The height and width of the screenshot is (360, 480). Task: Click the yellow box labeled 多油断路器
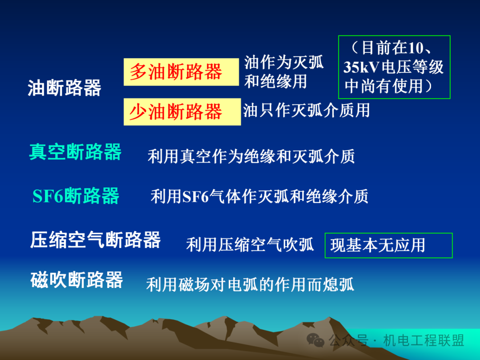tap(181, 72)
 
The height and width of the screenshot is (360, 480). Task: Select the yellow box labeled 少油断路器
tap(182, 112)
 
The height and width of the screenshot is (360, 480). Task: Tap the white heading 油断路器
tap(64, 88)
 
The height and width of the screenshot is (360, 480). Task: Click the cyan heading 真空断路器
tap(75, 152)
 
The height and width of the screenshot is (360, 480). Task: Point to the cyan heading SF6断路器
tap(76, 196)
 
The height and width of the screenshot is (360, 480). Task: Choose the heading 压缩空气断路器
tap(96, 240)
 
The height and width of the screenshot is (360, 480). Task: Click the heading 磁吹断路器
tap(76, 280)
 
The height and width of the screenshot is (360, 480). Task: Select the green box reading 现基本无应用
tap(388, 245)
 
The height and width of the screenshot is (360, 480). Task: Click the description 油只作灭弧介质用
tap(306, 111)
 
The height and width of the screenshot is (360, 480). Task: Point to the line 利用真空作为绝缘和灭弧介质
tap(251, 156)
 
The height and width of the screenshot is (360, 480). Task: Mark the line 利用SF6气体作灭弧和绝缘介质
tap(259, 196)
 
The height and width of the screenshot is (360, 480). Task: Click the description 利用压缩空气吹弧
tap(250, 245)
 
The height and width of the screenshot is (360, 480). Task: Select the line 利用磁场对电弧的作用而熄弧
tap(250, 285)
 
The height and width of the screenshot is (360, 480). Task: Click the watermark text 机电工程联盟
tap(424, 340)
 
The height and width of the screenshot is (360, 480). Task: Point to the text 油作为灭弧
tap(284, 63)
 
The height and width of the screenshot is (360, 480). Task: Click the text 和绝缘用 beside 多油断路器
tap(276, 82)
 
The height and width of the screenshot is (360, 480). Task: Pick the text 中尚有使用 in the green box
tap(384, 86)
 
